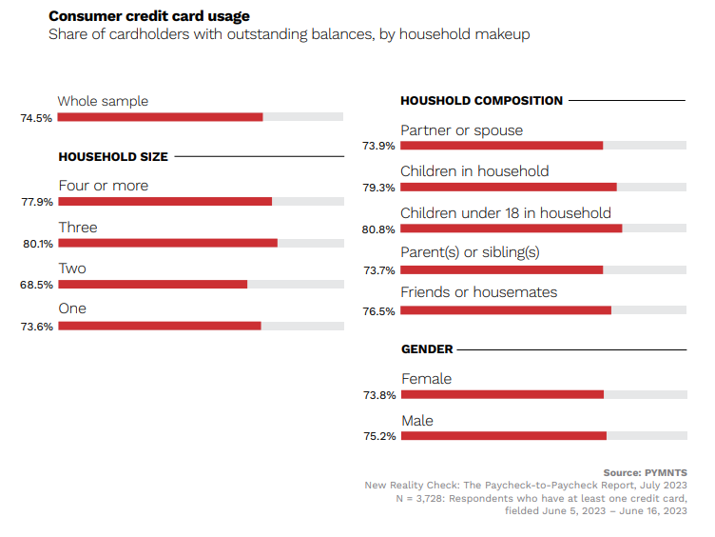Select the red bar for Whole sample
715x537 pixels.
tap(160, 117)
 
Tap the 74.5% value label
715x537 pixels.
tap(36, 118)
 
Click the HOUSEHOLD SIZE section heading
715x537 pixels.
tap(113, 156)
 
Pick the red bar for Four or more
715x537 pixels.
tap(164, 202)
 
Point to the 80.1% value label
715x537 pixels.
tap(37, 244)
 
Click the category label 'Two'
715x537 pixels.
tap(72, 268)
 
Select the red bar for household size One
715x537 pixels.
tap(159, 326)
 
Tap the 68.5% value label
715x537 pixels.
tap(37, 285)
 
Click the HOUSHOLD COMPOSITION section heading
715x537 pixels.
tap(481, 100)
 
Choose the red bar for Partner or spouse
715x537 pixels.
tap(501, 146)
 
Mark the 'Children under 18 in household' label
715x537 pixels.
tap(505, 213)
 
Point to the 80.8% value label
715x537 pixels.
tap(378, 229)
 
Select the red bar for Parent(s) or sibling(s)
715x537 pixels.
tap(501, 269)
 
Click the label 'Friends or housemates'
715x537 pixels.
tap(478, 292)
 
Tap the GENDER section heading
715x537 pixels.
tap(427, 349)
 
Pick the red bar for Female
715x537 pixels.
tap(502, 394)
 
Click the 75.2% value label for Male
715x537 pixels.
tap(378, 437)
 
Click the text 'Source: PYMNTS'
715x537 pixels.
tap(645, 472)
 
